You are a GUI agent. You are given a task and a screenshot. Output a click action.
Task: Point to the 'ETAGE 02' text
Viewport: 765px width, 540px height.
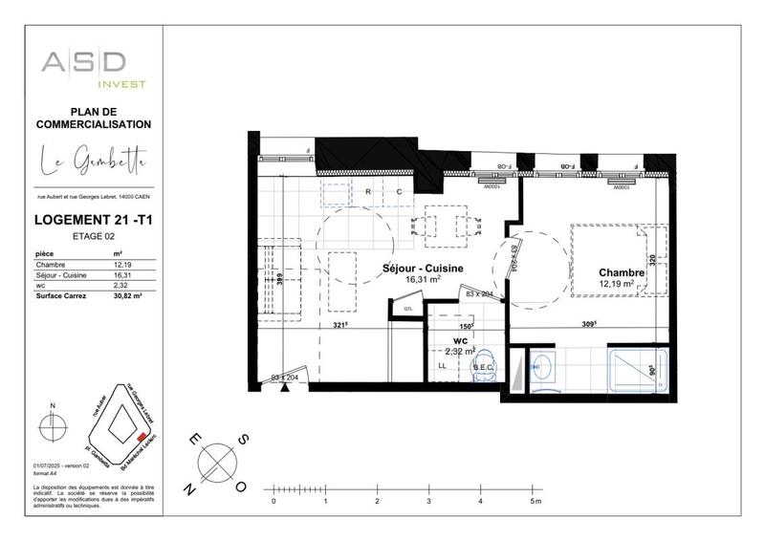pyautogui.click(x=94, y=236)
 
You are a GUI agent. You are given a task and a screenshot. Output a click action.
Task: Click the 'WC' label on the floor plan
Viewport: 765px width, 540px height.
pyautogui.click(x=460, y=340)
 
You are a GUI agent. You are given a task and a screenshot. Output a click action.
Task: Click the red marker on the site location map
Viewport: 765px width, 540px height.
pyautogui.click(x=142, y=436)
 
